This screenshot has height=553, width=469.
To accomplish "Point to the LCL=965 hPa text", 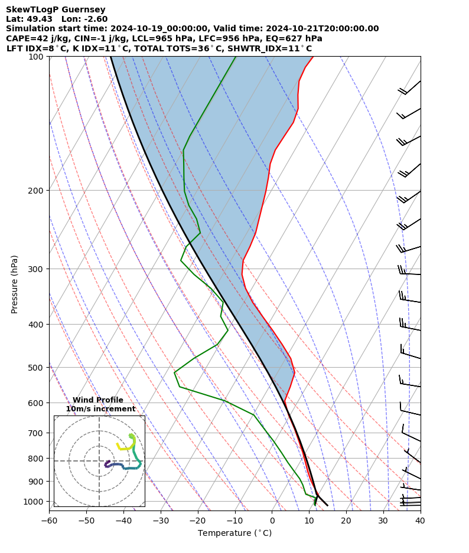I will click(x=152, y=38).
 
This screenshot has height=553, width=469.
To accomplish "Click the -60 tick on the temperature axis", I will click(x=49, y=521).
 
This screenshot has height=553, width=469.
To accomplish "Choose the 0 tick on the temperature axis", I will click(x=272, y=521).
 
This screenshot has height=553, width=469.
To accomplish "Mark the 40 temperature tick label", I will click(x=420, y=521).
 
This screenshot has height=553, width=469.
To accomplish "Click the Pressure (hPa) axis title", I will click(x=15, y=284).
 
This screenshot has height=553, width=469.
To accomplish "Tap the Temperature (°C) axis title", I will click(x=234, y=534).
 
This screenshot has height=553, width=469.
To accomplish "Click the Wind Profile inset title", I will click(x=98, y=400).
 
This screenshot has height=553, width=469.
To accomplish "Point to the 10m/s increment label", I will click(x=100, y=409).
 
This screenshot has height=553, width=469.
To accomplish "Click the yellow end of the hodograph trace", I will click(x=118, y=444).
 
